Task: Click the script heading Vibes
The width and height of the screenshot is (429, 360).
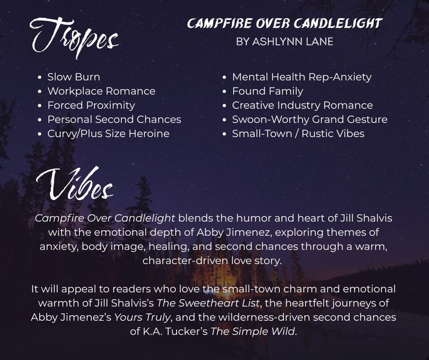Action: [74, 184]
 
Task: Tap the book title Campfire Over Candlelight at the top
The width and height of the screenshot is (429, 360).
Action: [284, 23]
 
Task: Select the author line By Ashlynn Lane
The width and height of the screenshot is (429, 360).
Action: [284, 42]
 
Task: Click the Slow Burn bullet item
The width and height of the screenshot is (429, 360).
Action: [74, 77]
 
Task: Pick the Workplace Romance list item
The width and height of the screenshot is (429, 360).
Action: [101, 91]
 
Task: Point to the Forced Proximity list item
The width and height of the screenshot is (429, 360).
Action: [91, 106]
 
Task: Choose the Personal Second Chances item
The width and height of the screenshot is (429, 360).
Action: [115, 119]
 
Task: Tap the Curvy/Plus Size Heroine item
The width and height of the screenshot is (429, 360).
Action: [108, 134]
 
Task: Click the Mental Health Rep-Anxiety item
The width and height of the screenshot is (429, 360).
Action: [302, 77]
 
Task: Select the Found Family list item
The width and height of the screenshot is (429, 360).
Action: [267, 91]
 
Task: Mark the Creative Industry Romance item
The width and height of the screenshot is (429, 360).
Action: [302, 106]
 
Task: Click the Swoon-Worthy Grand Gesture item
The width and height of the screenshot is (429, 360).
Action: [310, 119]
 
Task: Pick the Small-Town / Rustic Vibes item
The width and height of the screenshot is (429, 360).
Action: [298, 134]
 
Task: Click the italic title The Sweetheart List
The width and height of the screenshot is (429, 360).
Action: [208, 303]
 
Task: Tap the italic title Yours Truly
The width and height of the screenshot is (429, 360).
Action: [142, 317]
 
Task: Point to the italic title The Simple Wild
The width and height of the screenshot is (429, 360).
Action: [252, 332]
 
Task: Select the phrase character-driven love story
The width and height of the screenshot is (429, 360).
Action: [212, 260]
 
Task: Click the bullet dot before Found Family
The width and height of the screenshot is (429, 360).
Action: [225, 91]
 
